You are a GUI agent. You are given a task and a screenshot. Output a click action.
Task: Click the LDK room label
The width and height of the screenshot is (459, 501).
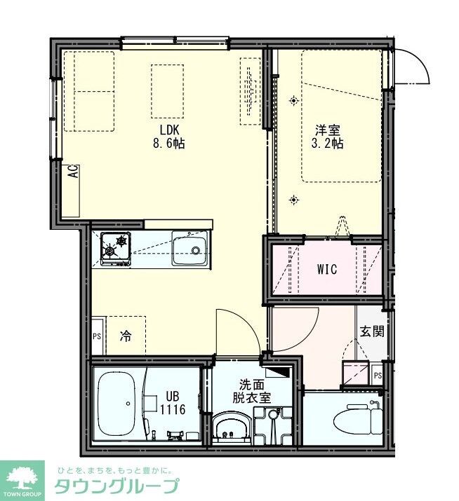170,130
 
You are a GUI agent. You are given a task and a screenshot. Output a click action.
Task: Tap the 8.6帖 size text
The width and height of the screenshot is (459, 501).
170,144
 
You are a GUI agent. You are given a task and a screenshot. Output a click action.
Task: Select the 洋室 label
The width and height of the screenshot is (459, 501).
327,130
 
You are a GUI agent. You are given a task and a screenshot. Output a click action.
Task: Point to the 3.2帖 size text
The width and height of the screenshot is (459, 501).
327,144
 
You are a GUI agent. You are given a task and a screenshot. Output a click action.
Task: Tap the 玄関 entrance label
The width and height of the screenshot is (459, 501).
372,331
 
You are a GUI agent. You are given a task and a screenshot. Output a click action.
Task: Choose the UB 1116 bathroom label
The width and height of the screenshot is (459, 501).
173,403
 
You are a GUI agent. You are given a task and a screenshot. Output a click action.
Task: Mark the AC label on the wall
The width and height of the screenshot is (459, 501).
73,172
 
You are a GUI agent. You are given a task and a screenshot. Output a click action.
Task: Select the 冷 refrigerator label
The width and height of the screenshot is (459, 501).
125,336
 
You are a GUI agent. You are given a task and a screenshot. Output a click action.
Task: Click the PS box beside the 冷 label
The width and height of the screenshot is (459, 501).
97,336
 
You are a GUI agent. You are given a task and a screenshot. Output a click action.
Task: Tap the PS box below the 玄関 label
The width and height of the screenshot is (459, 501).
378,376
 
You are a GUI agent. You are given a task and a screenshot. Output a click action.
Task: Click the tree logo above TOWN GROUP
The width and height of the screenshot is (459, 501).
24,476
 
